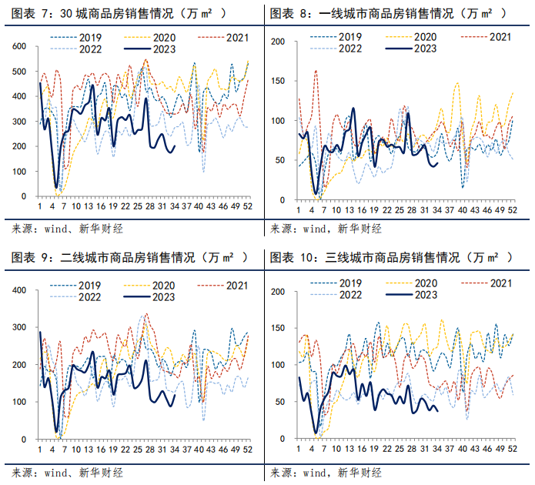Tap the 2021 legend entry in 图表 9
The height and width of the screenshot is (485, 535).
click(x=232, y=286)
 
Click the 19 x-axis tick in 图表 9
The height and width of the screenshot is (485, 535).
click(x=112, y=448)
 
